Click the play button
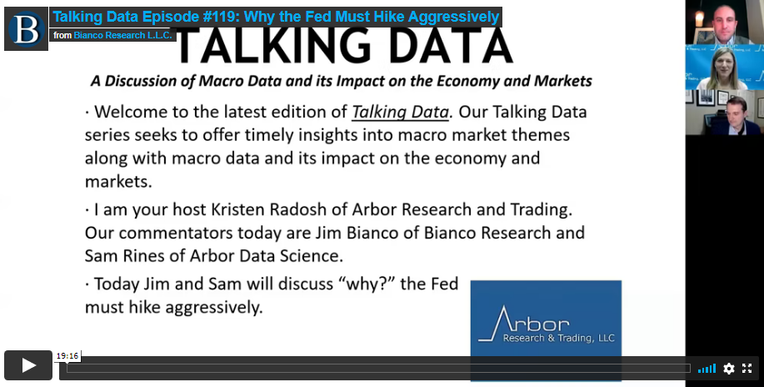28,365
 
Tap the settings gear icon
729,369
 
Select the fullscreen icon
747,369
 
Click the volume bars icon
707,369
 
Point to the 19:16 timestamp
67,356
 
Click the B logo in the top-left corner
26,29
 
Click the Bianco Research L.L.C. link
124,35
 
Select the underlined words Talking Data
400,113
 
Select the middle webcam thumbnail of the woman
725,68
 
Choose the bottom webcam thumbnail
725,113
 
